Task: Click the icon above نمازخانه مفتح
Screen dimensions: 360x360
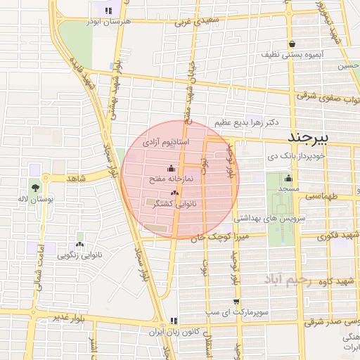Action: (172, 169)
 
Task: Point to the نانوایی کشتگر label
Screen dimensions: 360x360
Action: (174, 202)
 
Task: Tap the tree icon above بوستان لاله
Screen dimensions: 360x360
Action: (35, 187)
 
